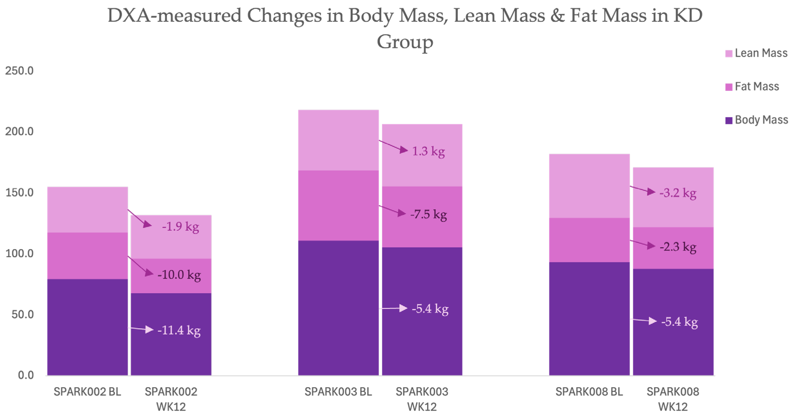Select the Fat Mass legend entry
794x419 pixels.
(752, 86)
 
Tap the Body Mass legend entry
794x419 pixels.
(757, 120)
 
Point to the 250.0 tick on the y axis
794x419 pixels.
(19, 71)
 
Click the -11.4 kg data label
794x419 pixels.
(179, 330)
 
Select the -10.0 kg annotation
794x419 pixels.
(179, 275)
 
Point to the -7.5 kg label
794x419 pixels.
(428, 214)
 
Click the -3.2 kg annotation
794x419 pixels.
(678, 193)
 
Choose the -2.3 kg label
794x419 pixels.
(678, 247)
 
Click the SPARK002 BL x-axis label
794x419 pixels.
(87, 392)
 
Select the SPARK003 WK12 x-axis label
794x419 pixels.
(422, 399)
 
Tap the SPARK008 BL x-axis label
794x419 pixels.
(589, 392)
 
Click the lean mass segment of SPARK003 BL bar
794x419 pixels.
(339, 140)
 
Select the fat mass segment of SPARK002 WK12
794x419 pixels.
(171, 276)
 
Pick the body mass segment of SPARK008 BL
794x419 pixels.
(589, 319)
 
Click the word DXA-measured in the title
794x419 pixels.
(174, 15)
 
